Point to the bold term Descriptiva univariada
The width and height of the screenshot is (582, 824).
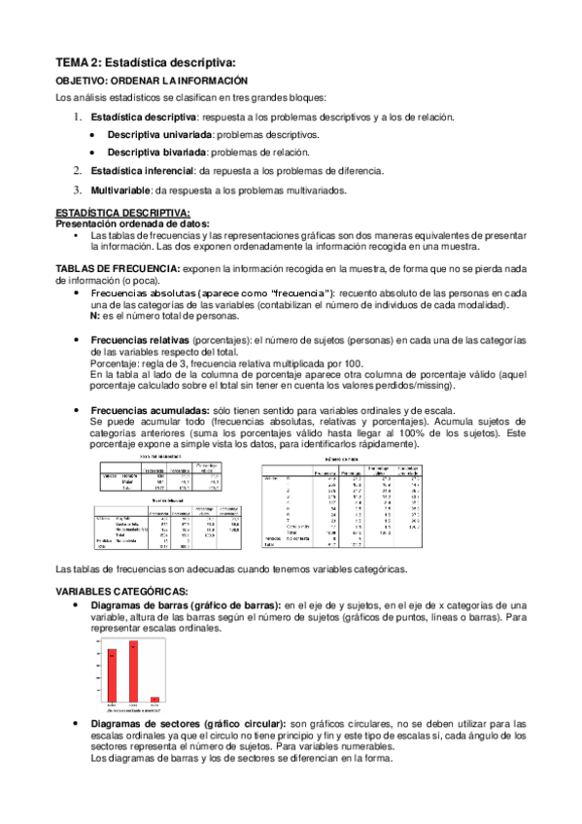[x=160, y=134]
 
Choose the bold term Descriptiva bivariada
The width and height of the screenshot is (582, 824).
[x=155, y=153]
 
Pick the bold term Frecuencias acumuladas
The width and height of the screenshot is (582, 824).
[x=143, y=411]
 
